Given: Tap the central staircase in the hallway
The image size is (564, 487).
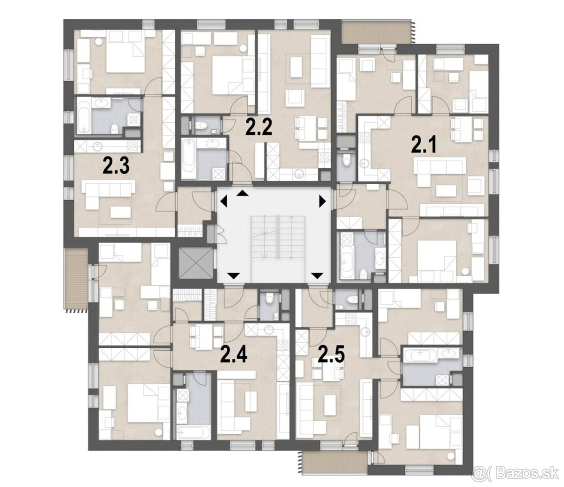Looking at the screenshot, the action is [278, 237].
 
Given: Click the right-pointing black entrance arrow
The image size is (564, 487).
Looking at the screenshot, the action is [322, 202].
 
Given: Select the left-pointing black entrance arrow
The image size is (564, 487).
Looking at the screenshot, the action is [224, 202].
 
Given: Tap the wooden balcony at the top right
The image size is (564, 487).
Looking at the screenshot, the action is [377, 32].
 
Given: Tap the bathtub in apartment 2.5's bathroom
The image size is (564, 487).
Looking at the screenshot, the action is [420, 355].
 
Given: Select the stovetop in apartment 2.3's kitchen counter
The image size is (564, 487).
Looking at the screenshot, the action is [133, 147].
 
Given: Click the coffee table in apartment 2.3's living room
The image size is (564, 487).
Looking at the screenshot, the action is [120, 212].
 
